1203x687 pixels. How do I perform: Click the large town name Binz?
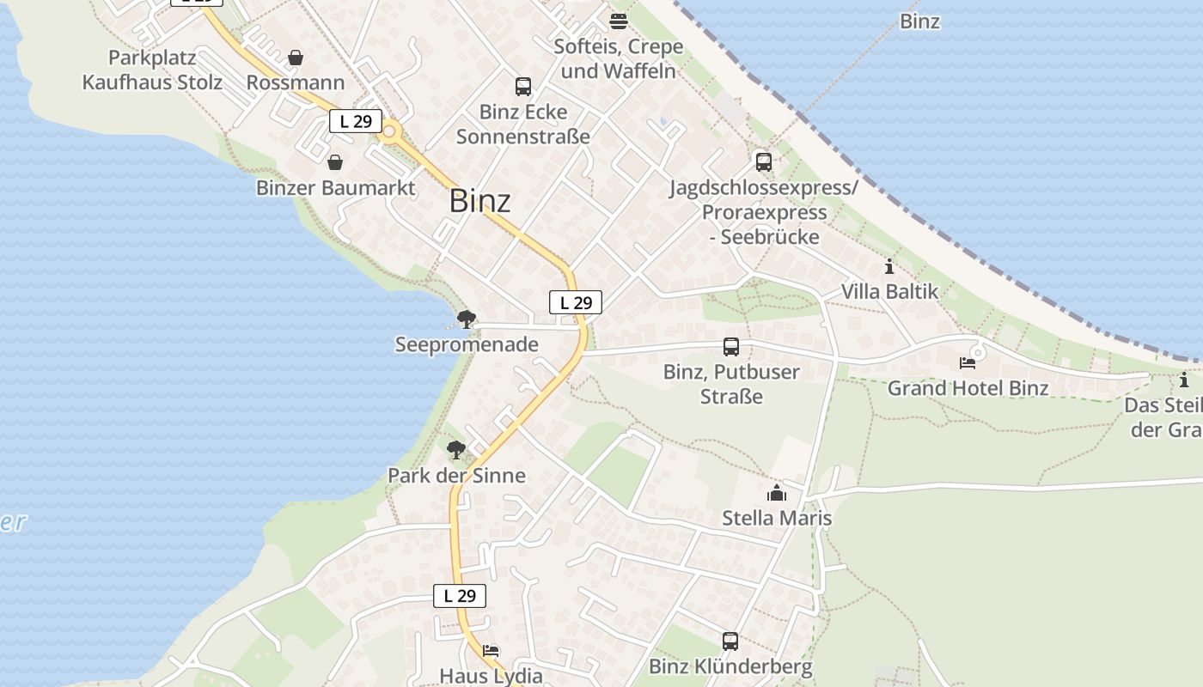(x=479, y=201)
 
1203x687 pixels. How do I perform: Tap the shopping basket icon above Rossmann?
(x=296, y=58)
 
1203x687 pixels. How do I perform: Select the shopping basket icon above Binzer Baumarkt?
(x=335, y=161)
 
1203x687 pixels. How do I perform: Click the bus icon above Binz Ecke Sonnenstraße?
(x=522, y=86)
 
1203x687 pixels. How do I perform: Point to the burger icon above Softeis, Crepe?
(x=618, y=21)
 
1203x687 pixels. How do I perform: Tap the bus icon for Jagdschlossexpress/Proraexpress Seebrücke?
(x=763, y=161)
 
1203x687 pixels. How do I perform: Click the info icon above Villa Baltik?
(x=889, y=266)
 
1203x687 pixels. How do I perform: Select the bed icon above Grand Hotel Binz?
(x=968, y=362)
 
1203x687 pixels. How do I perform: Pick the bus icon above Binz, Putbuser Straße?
(x=731, y=347)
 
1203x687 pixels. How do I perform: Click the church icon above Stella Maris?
(x=777, y=493)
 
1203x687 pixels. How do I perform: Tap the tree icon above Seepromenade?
(x=466, y=320)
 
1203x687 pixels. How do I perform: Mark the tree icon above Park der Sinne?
(x=456, y=450)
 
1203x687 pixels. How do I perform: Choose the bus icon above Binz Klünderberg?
(x=730, y=641)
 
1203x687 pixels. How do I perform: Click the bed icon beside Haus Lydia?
(x=491, y=650)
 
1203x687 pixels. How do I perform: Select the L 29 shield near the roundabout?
(x=356, y=121)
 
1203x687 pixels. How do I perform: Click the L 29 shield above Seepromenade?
(x=576, y=302)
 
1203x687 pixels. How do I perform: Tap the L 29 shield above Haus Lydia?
(x=460, y=596)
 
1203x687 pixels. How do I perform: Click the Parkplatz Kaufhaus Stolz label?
(x=152, y=70)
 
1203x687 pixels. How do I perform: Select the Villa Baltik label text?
(x=889, y=291)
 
